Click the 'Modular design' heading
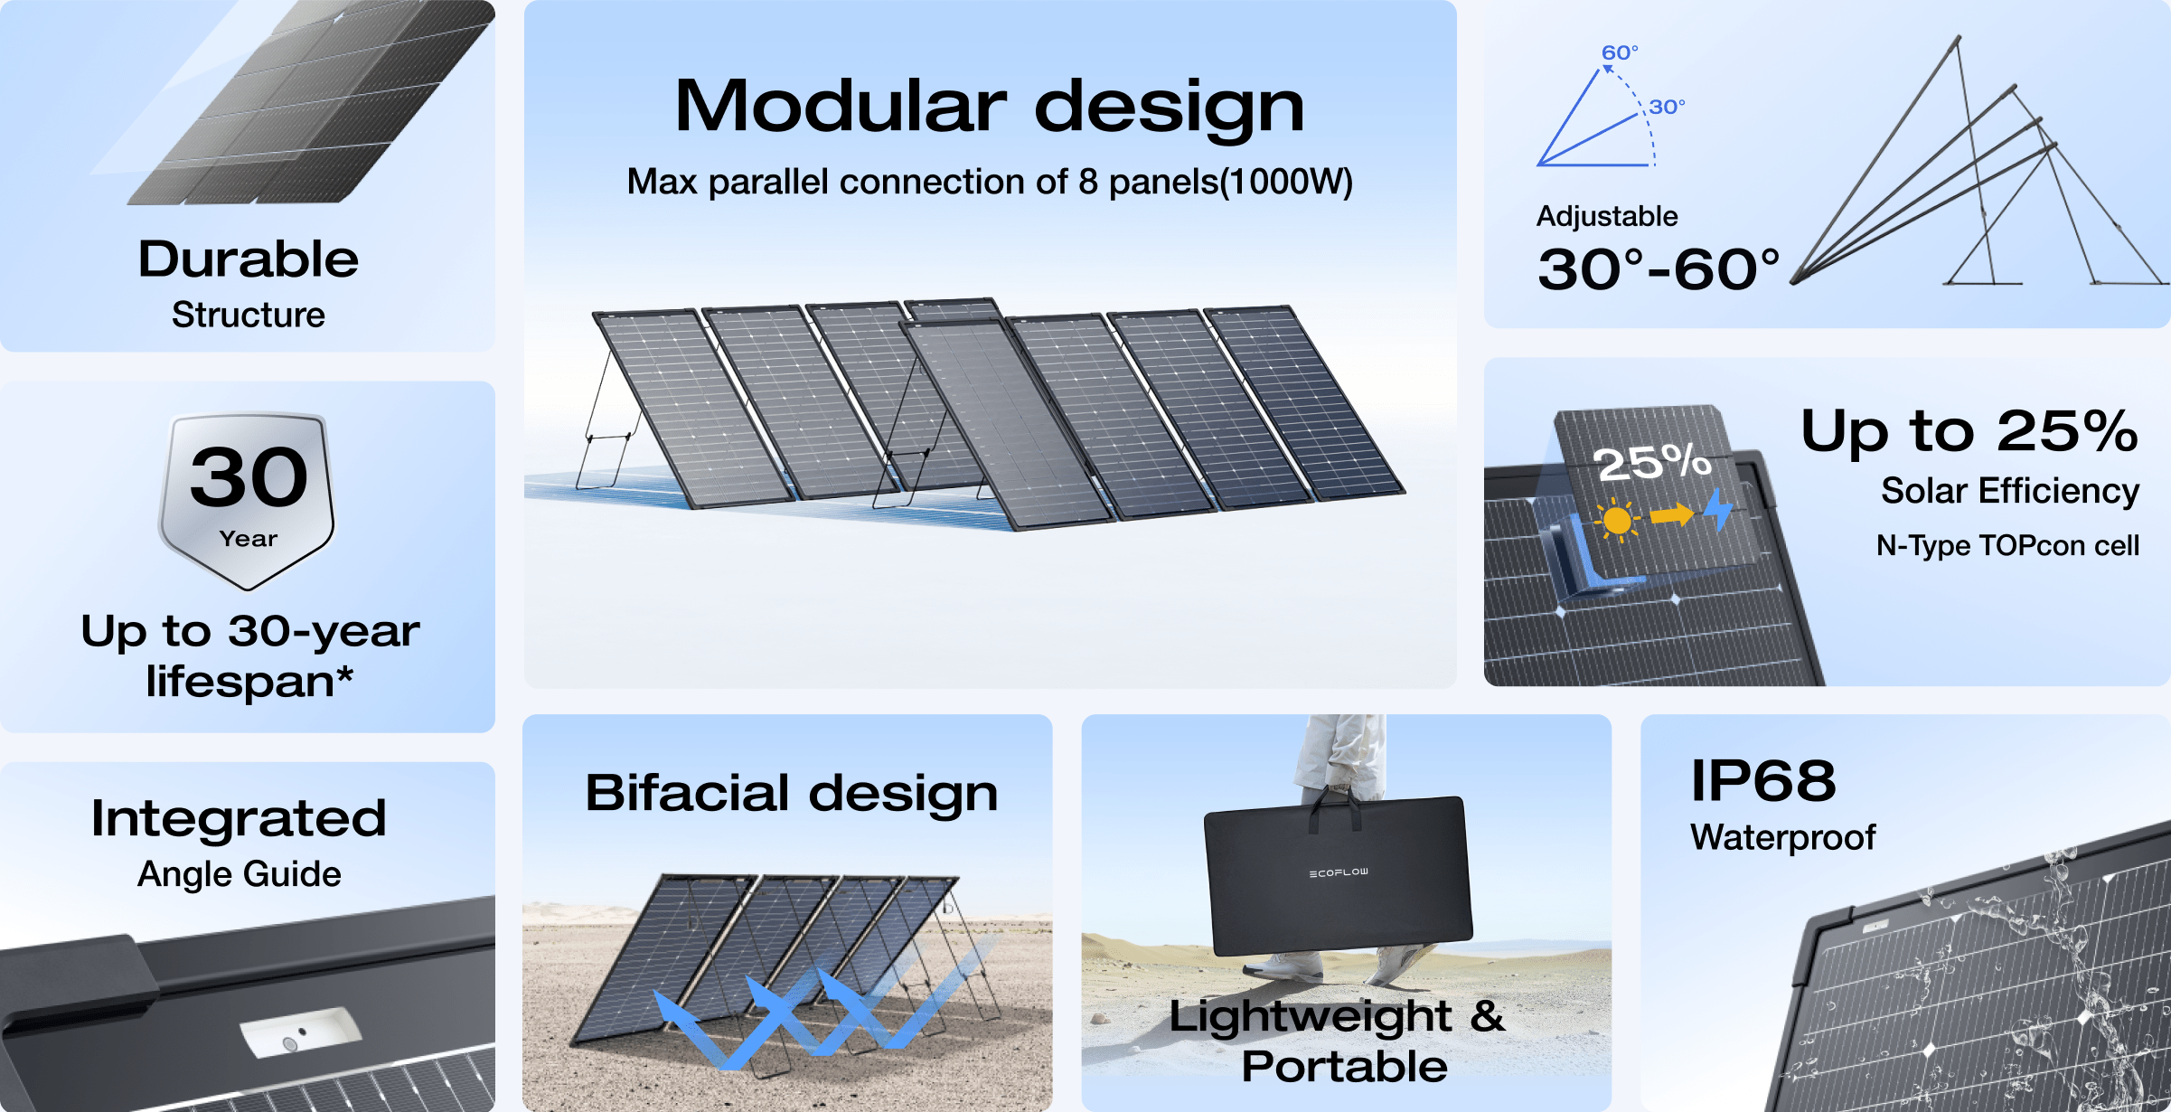990,107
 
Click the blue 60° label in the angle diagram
1620,52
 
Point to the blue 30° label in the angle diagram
1667,107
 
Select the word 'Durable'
249,259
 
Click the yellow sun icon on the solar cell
1617,521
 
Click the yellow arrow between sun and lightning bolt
1671,515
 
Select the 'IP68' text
1763,780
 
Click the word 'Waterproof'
1782,837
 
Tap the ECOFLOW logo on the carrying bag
1339,872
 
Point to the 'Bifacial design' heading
792,793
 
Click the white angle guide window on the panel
300,1032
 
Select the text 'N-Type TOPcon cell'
2007,545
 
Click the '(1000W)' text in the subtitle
1286,182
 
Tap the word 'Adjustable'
1607,216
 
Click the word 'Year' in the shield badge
249,539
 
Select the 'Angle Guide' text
240,874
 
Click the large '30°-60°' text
1659,269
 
